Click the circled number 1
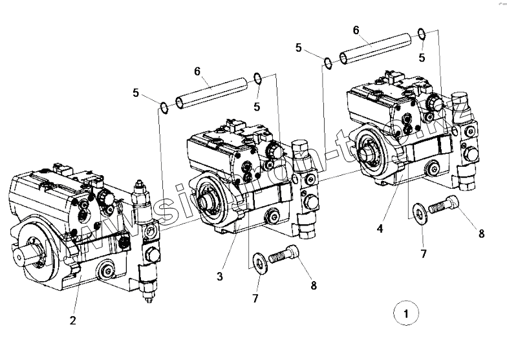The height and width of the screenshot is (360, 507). point(405,315)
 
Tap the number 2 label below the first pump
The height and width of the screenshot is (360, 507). point(74,320)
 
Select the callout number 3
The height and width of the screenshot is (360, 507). point(220,276)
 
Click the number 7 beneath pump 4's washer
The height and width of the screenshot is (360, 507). point(424,254)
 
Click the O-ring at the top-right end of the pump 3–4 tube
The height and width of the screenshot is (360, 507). point(422,34)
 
